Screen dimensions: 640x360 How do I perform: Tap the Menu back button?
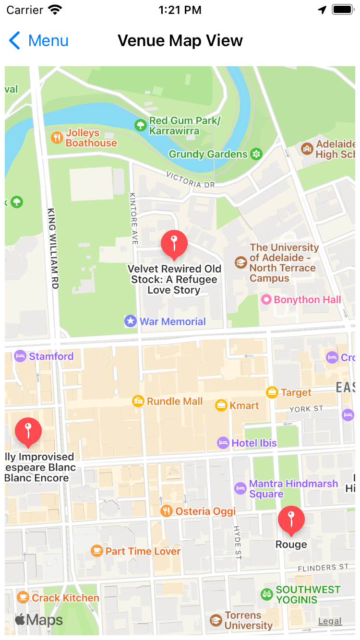click(39, 41)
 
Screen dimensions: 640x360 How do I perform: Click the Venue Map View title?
click(180, 41)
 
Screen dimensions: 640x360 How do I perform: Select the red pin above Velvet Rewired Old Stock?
click(174, 244)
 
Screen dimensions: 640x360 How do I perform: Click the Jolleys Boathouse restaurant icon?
click(57, 138)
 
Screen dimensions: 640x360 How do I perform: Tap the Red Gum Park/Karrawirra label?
click(184, 126)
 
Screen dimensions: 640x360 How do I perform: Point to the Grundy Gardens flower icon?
click(257, 154)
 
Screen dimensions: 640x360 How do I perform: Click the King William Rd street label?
click(53, 248)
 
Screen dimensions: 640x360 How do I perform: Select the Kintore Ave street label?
click(134, 219)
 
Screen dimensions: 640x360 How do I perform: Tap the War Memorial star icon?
click(131, 321)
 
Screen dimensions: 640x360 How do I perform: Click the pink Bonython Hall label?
click(307, 300)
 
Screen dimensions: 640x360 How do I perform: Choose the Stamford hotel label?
click(51, 356)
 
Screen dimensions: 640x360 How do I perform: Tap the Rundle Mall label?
click(175, 402)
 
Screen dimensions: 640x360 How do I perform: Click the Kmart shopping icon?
click(221, 405)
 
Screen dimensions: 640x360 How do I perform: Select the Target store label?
click(296, 392)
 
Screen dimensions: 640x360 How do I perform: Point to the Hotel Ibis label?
click(254, 443)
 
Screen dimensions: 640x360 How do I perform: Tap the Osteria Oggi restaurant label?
click(205, 511)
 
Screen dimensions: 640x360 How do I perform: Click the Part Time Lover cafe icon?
click(97, 551)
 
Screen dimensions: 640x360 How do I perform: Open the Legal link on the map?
click(330, 621)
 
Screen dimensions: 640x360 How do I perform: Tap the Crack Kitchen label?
click(65, 598)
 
